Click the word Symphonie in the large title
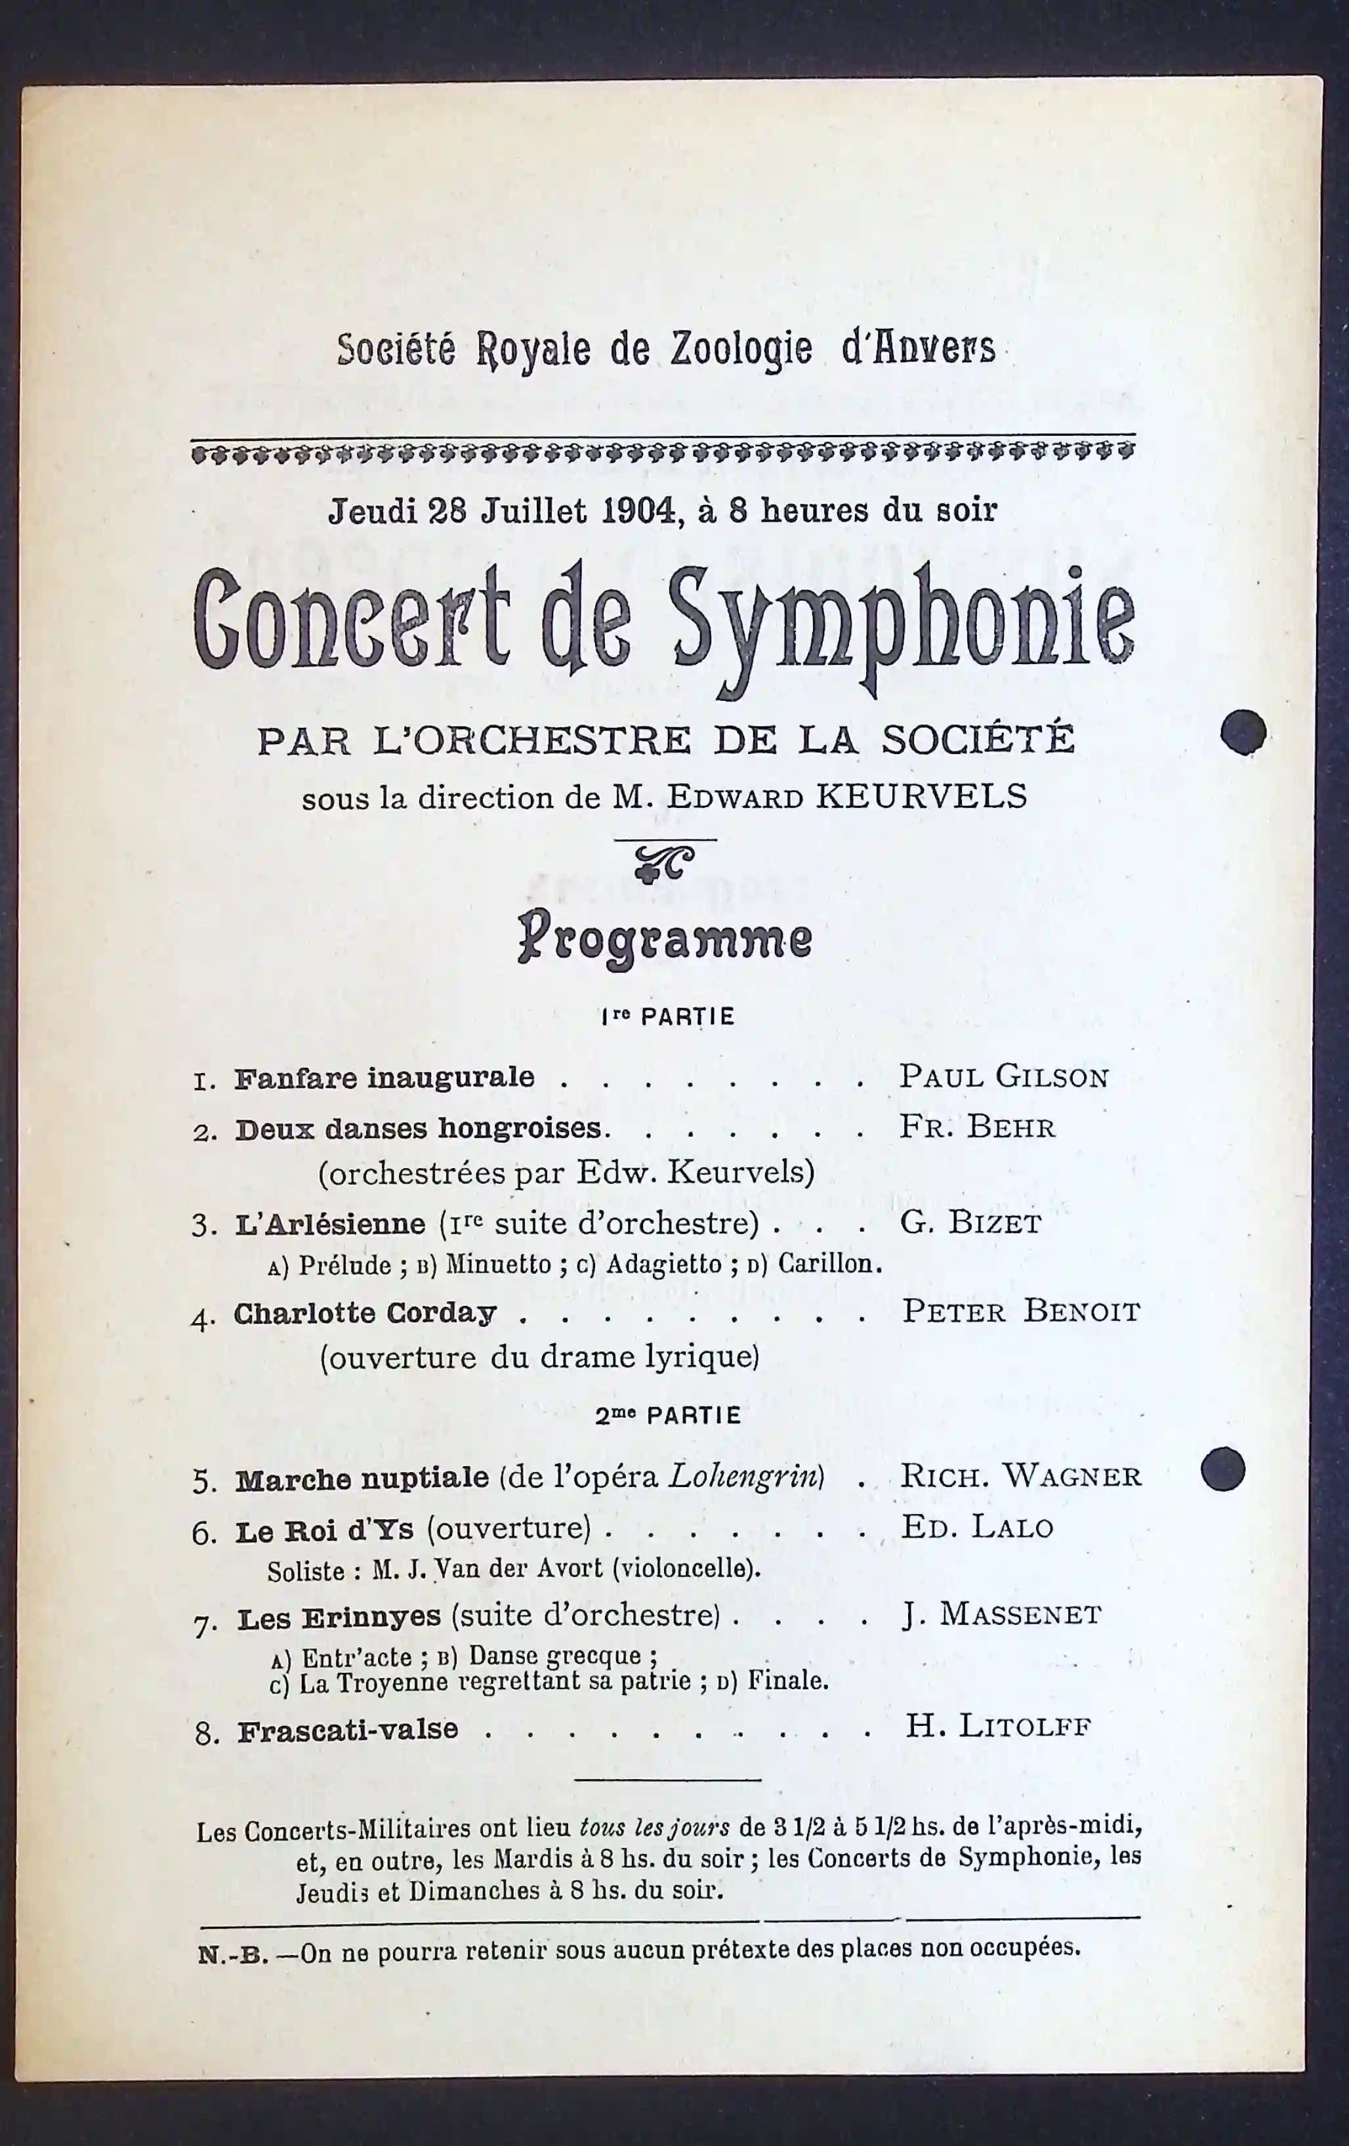902,622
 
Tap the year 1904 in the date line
638,510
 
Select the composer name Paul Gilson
1003,1076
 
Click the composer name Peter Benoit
1021,1312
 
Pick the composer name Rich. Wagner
1021,1476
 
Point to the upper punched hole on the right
1243,732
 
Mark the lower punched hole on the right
1222,1469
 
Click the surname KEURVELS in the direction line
921,796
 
